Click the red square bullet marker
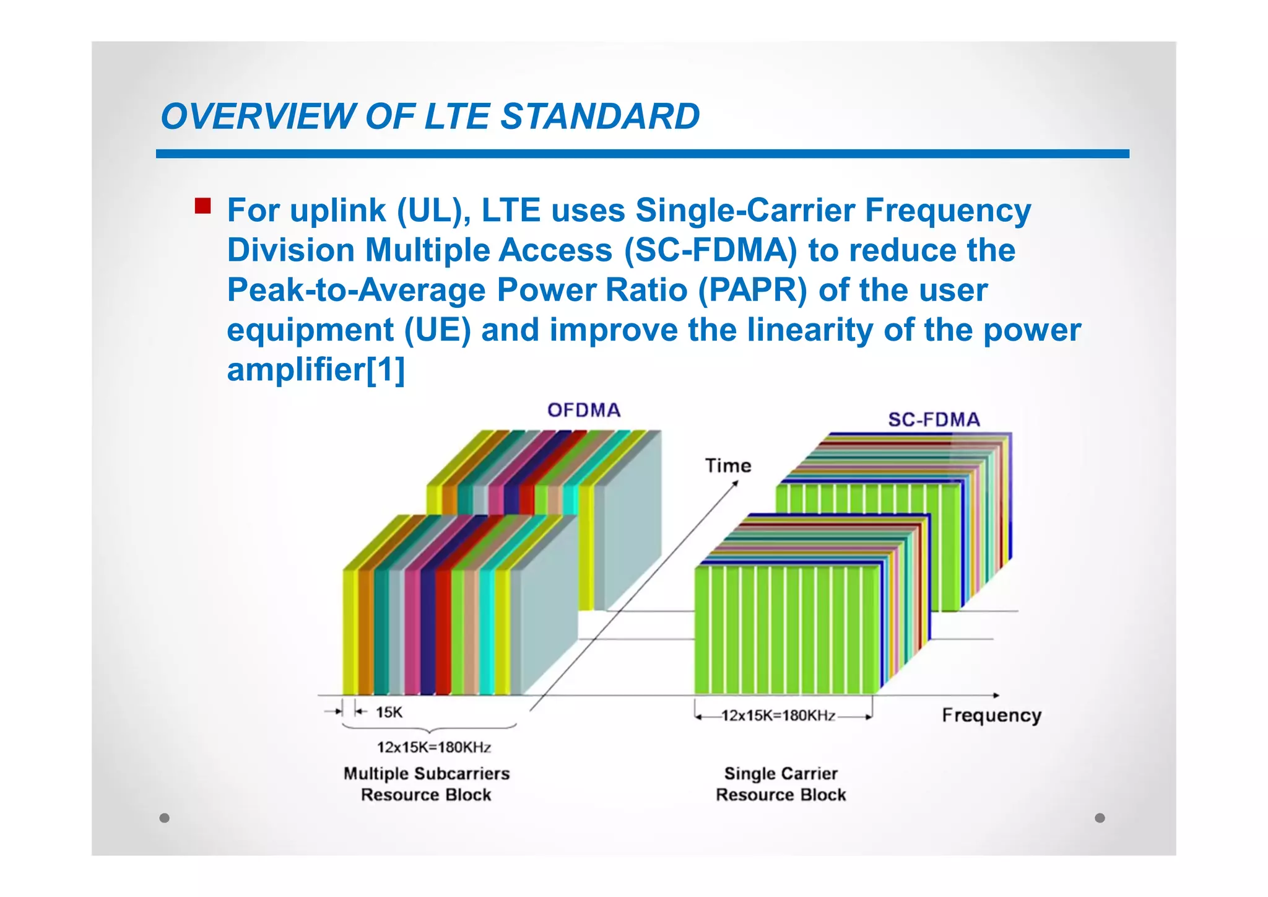tap(202, 206)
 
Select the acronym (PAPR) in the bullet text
tap(753, 290)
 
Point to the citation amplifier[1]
tap(316, 369)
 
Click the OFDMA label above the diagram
tap(584, 410)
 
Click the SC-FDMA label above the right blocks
tap(934, 420)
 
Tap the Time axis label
tap(728, 466)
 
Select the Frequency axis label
tap(991, 715)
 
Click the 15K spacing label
tap(389, 712)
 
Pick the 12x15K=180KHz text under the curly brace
tap(434, 747)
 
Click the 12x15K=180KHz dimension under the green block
tap(778, 716)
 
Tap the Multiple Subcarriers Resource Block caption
tap(427, 784)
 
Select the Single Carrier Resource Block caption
tap(781, 784)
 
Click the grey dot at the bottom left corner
tap(164, 818)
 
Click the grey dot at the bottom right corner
tap(1100, 818)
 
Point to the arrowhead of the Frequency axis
tap(996, 696)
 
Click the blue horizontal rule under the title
tap(642, 154)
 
